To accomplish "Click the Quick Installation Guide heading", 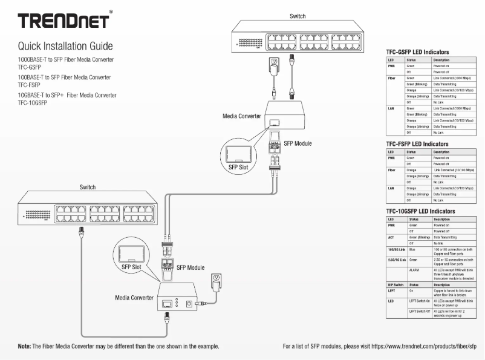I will click(x=65, y=46).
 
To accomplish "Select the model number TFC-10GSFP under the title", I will click(x=33, y=103).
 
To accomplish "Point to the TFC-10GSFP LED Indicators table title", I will click(x=424, y=211).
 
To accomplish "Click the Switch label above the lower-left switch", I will click(x=88, y=188).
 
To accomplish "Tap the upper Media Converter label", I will click(x=242, y=115).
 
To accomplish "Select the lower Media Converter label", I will click(x=134, y=298).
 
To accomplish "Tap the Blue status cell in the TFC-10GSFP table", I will click(x=413, y=249).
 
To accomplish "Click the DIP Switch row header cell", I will click(x=396, y=284).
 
